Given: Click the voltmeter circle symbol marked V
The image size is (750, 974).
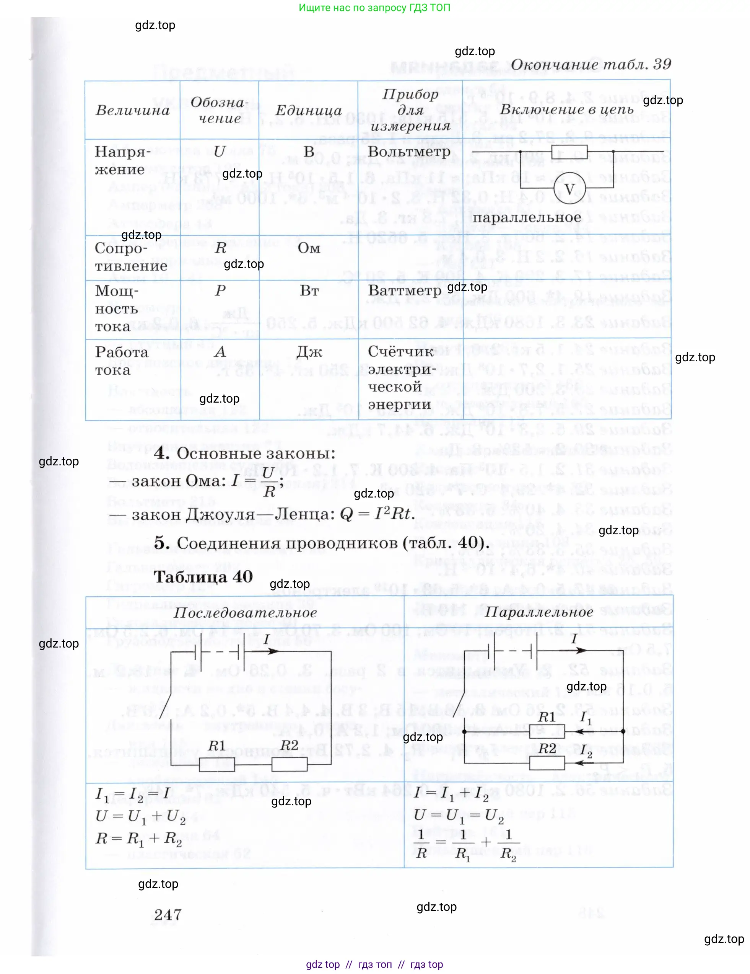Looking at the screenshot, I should click(x=569, y=189).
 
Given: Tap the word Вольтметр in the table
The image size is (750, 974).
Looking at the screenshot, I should click(x=409, y=152).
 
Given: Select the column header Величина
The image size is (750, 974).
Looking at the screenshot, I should click(x=133, y=110).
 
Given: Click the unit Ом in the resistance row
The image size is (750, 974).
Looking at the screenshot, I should click(x=309, y=248).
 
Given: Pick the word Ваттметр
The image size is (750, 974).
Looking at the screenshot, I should click(x=405, y=291).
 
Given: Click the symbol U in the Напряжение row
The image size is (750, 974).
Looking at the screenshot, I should click(x=219, y=152).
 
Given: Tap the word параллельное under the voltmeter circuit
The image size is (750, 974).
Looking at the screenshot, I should click(x=527, y=218).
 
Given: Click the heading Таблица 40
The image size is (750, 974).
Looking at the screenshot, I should click(x=203, y=577).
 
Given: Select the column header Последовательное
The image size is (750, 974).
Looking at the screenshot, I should click(x=245, y=613).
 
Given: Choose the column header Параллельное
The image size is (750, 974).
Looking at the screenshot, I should click(x=539, y=612).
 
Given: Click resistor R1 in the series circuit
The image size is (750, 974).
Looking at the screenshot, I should click(x=216, y=765).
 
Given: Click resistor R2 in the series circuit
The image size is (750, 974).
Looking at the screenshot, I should click(x=289, y=764).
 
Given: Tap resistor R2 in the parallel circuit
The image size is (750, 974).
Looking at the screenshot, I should click(x=547, y=763).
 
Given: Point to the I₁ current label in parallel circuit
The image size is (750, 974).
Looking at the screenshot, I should click(x=586, y=718).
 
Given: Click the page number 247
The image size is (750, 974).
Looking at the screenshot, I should click(x=168, y=915).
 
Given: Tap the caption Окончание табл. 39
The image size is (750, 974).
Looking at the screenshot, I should click(x=591, y=65).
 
